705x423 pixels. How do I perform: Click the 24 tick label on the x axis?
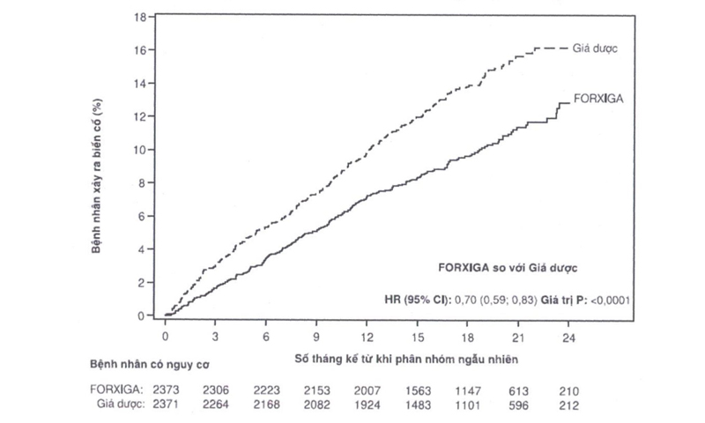[x=570, y=336]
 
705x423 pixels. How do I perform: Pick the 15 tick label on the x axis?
[x=419, y=336]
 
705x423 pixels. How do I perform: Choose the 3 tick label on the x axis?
[x=215, y=336]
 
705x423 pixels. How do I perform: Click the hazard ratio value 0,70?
[x=464, y=299]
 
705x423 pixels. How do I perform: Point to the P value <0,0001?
[x=606, y=299]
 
